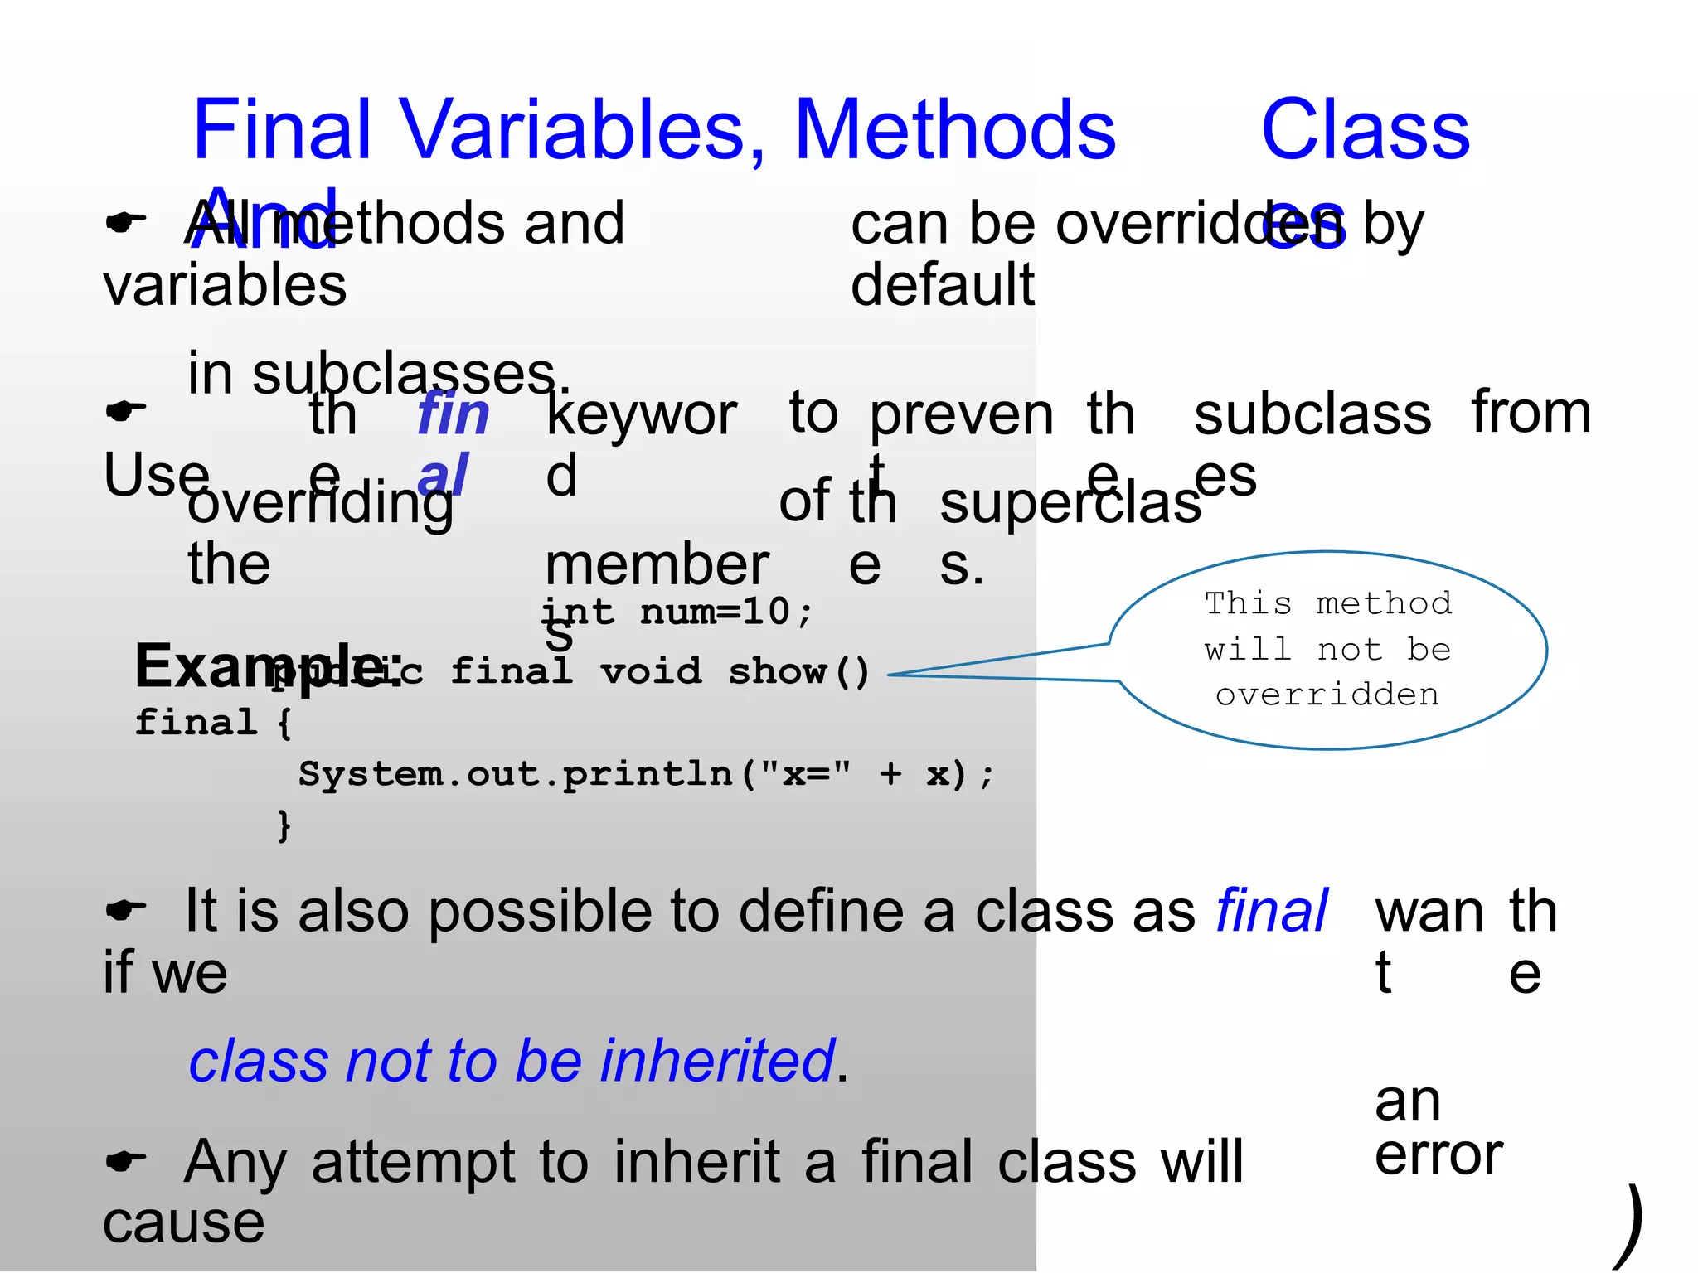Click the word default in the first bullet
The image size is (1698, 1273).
[943, 285]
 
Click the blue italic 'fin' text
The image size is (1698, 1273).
[453, 414]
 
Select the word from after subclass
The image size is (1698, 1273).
[1531, 412]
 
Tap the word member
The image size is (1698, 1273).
[657, 566]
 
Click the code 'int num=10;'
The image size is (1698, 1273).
[677, 612]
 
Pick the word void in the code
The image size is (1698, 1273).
[651, 672]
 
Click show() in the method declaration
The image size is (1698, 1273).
[798, 672]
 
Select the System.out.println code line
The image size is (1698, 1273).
[645, 774]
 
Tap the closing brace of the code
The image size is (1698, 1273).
[284, 825]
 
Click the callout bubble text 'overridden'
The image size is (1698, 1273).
[1327, 695]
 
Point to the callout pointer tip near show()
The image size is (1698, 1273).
[890, 675]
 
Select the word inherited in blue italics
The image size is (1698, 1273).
[717, 1061]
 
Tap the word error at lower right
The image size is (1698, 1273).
[1438, 1154]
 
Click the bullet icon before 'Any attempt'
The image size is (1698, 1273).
[125, 1161]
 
